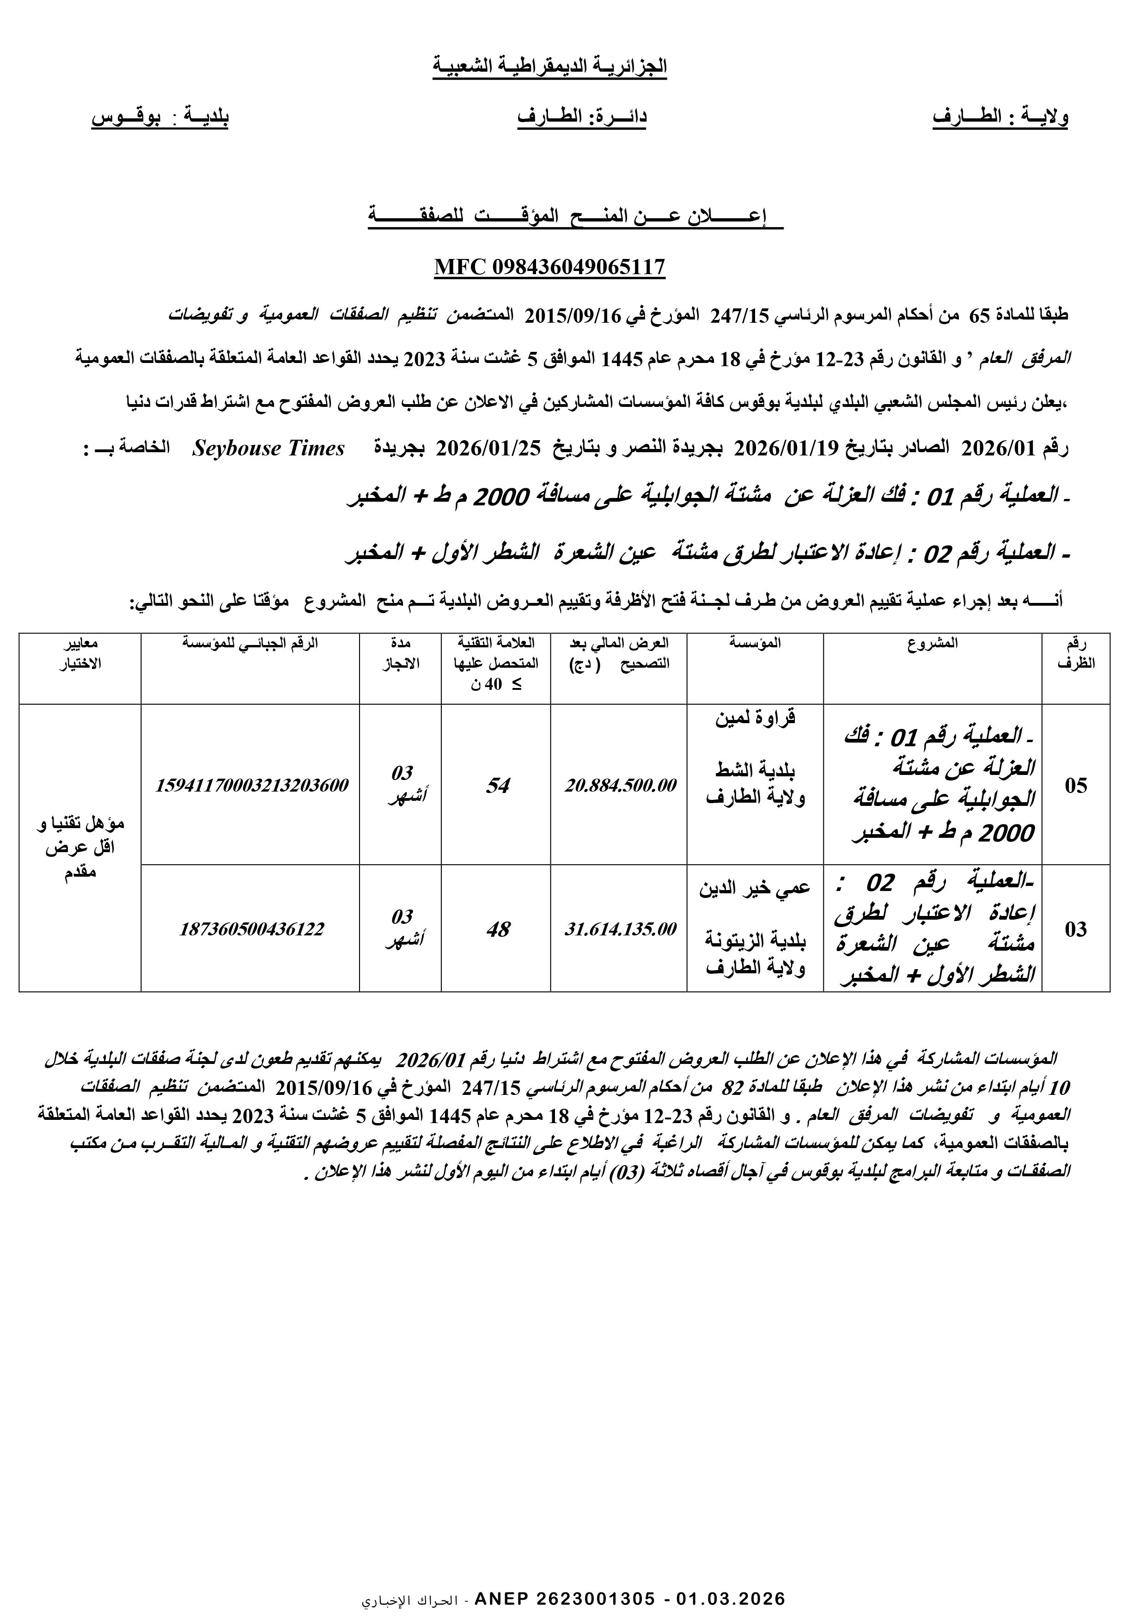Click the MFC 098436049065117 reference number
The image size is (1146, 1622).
549,267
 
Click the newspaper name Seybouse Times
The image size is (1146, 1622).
268,449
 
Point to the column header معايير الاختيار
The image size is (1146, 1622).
80,653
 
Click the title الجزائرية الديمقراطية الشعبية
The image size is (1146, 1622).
550,67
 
